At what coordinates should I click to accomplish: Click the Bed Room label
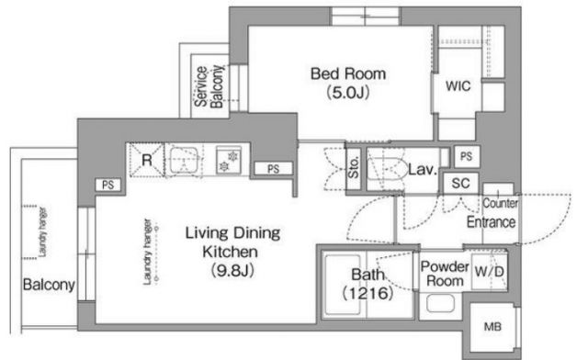[x=348, y=73]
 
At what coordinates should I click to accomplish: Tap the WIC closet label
[x=458, y=86]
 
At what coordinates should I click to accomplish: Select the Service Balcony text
[x=209, y=86]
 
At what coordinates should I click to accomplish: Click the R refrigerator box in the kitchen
[x=147, y=160]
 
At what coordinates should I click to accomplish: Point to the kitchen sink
[x=184, y=160]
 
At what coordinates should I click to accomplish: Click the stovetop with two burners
[x=229, y=161]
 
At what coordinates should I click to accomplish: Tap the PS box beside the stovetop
[x=274, y=169]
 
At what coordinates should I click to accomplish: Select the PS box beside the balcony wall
[x=108, y=185]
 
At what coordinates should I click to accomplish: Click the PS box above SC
[x=467, y=156]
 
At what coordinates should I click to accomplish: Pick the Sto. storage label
[x=354, y=167]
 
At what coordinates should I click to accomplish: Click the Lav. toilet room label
[x=423, y=170]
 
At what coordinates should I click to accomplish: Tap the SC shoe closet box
[x=461, y=184]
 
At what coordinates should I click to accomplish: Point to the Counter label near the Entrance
[x=500, y=203]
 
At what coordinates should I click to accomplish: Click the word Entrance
[x=491, y=222]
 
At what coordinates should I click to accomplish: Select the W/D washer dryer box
[x=490, y=272]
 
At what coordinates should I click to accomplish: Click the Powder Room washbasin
[x=441, y=303]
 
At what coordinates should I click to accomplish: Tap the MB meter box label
[x=492, y=327]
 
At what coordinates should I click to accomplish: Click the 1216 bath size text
[x=367, y=293]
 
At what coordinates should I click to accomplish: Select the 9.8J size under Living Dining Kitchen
[x=232, y=270]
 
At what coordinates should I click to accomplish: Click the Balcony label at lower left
[x=49, y=285]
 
